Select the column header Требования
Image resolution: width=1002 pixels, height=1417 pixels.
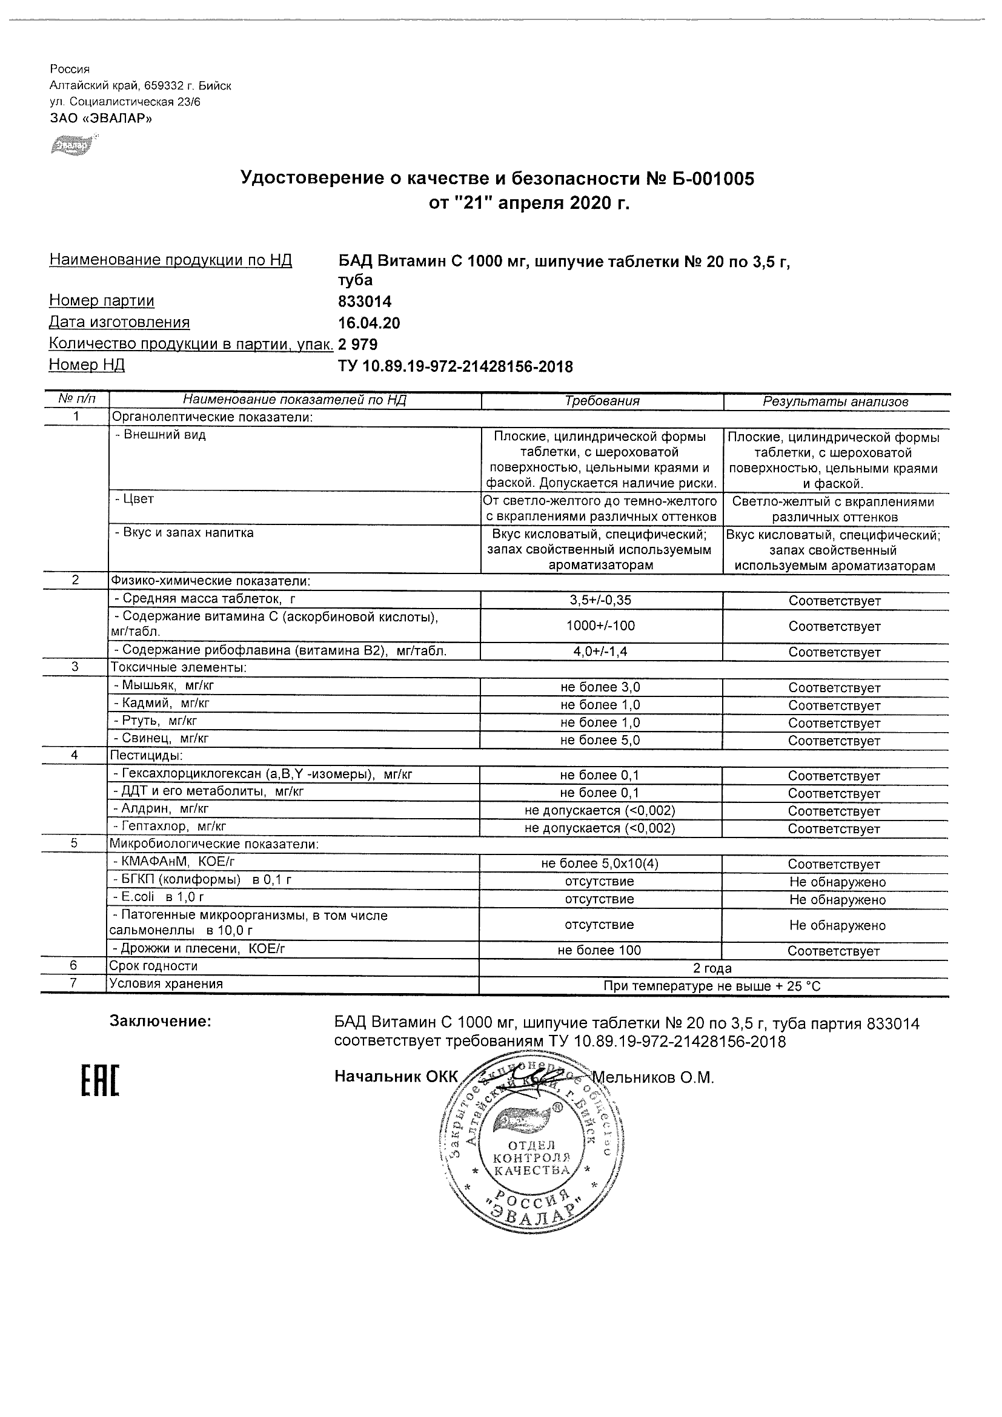(x=602, y=401)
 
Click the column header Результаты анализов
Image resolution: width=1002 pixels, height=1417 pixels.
(x=835, y=401)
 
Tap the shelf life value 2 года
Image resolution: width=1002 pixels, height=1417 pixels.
(x=712, y=968)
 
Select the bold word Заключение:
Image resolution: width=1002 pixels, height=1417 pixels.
(x=161, y=1022)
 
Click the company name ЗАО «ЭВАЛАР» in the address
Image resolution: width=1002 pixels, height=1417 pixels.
(x=101, y=119)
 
